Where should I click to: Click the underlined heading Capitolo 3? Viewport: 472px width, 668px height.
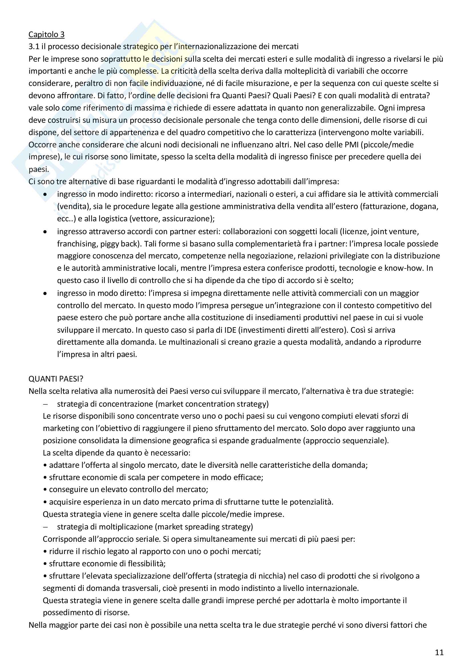pos(46,34)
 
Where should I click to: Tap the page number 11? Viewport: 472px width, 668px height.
pos(439,653)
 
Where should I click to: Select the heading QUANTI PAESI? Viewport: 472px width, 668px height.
pos(56,378)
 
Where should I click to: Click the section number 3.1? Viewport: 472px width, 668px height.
pos(34,47)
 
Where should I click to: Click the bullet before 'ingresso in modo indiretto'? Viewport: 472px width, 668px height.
pos(45,194)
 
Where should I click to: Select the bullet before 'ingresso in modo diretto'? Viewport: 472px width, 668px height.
pos(45,294)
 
